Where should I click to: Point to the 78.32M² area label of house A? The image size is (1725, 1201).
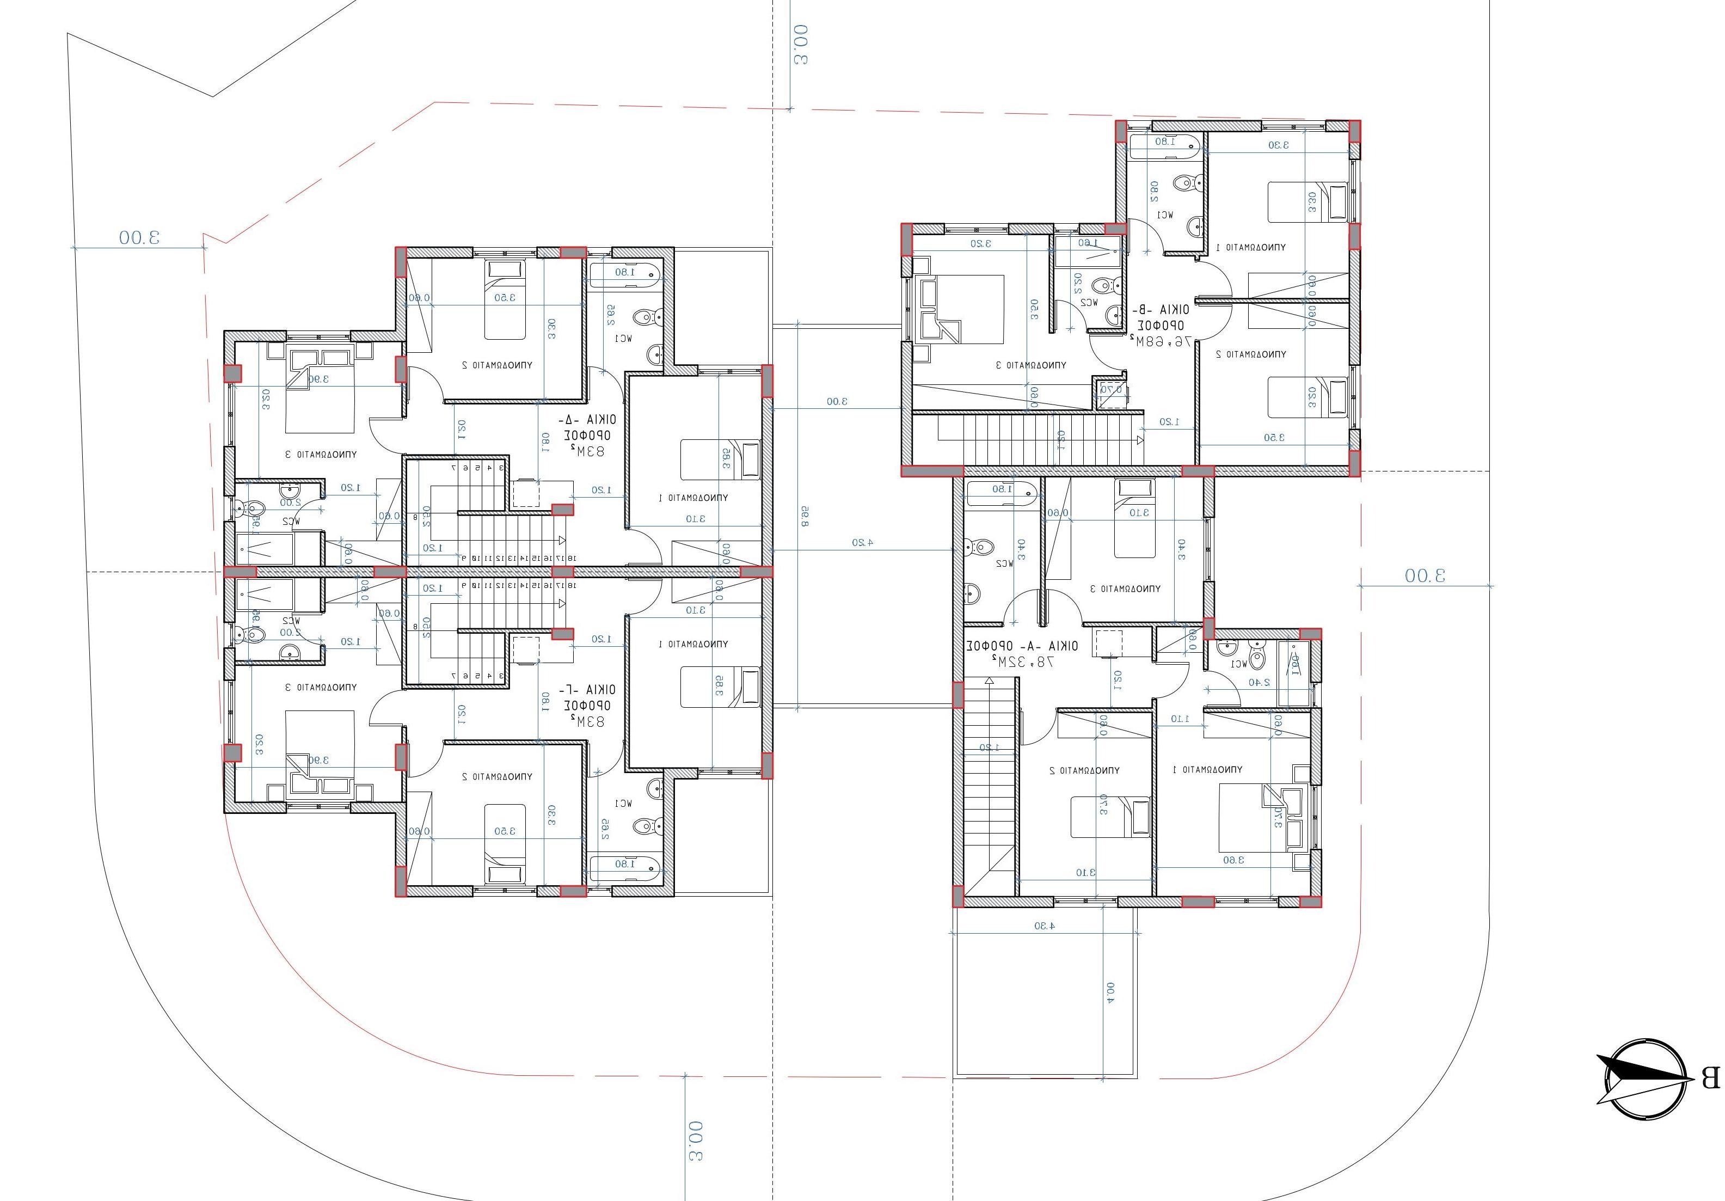(x=1022, y=662)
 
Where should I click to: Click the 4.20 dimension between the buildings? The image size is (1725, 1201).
(x=862, y=542)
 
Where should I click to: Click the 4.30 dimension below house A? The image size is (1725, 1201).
(x=1045, y=925)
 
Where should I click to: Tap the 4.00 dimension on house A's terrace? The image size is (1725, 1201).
(x=1110, y=992)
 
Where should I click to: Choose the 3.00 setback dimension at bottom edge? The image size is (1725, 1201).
(x=696, y=1140)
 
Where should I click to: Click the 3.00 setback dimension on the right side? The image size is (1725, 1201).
(x=1425, y=575)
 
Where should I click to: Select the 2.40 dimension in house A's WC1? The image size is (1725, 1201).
(x=1259, y=682)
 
